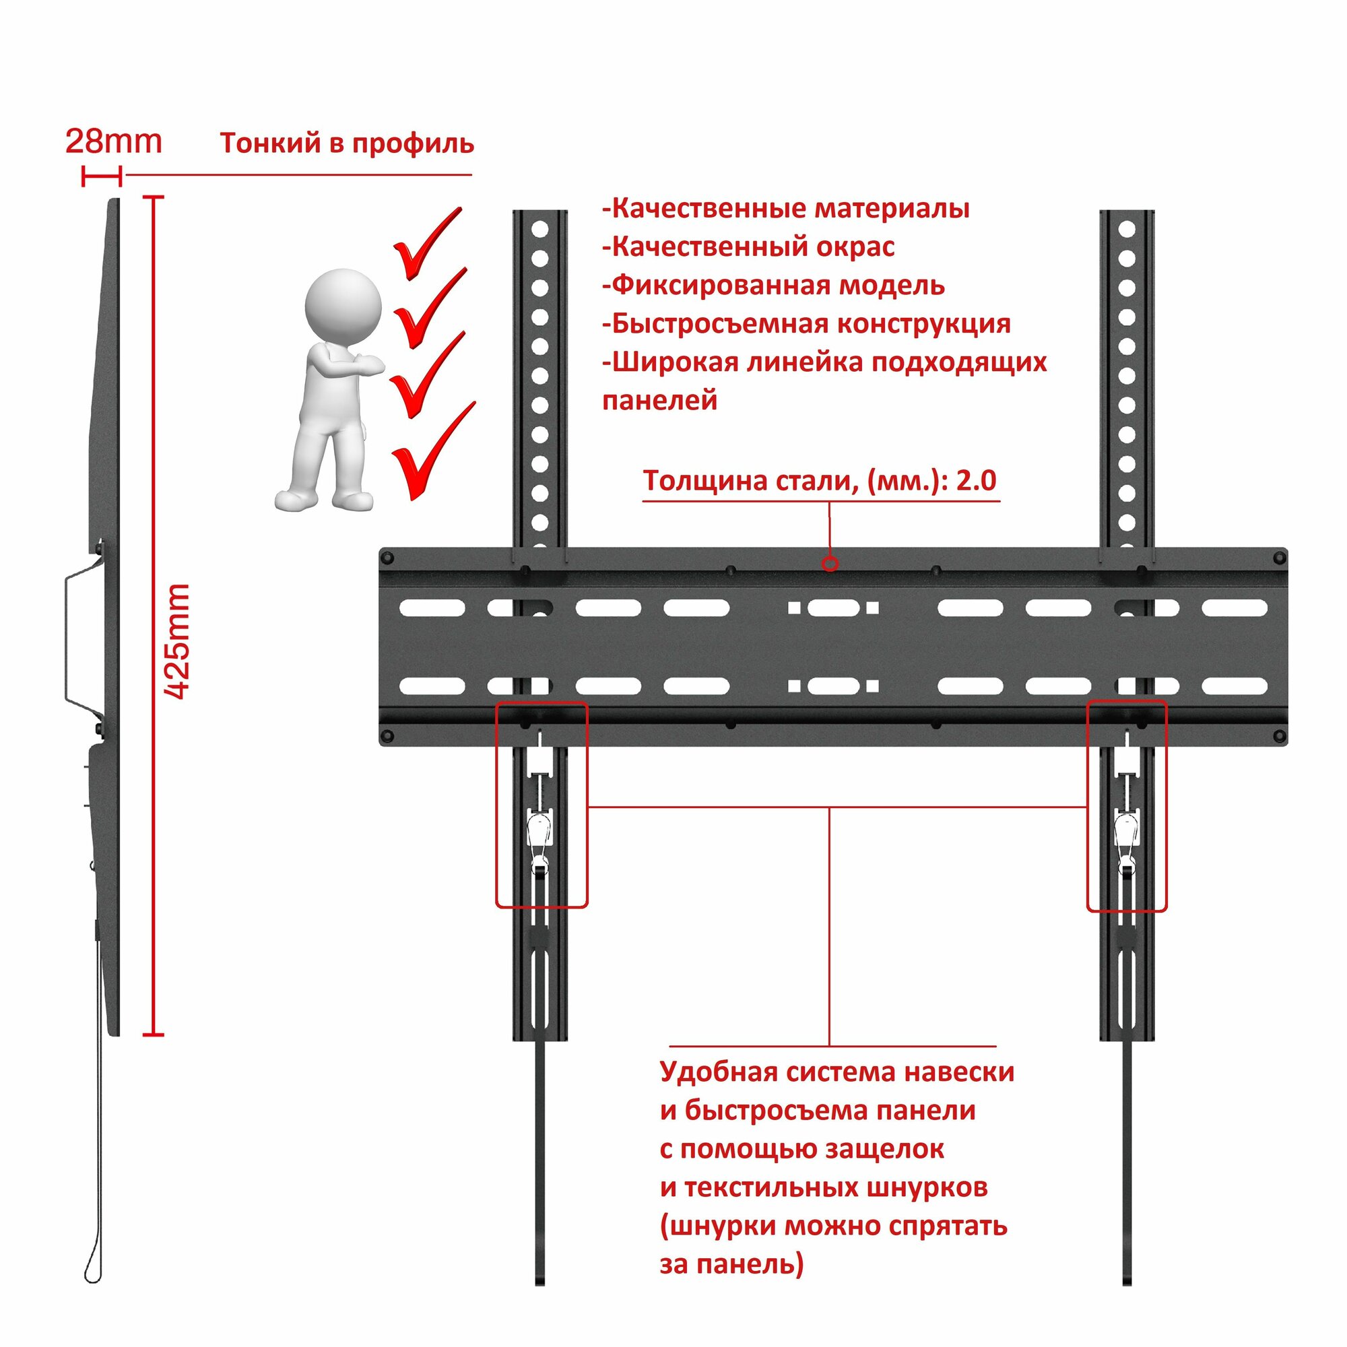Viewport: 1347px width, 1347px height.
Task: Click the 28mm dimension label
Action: pos(114,141)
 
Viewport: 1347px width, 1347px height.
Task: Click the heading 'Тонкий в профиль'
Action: pos(346,143)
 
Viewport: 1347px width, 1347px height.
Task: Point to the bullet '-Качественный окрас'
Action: pos(748,246)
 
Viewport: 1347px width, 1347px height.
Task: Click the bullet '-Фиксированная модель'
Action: pos(773,285)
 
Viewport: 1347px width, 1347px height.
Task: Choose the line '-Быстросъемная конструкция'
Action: pos(806,323)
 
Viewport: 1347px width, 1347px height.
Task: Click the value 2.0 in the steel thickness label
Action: pos(975,480)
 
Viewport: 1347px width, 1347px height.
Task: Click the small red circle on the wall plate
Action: pos(830,563)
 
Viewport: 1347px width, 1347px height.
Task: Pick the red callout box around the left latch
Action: pos(541,806)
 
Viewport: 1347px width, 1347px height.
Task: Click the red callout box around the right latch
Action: pos(1127,806)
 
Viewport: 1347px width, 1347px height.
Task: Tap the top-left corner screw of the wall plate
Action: pos(389,558)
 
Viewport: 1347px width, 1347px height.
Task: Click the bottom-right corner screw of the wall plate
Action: pos(1280,736)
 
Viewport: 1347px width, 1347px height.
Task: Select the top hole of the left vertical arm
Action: pos(539,229)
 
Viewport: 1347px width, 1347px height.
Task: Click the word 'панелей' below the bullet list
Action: pos(659,401)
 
